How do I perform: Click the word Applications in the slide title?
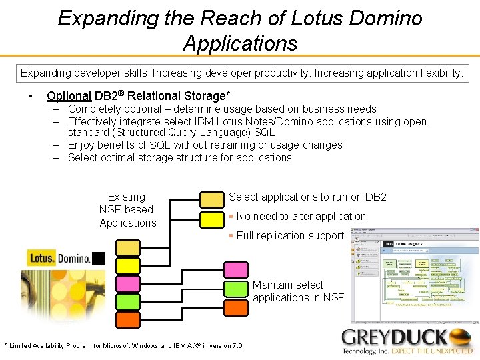click(240, 43)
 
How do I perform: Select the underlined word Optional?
click(69, 95)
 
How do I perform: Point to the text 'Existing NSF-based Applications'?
click(127, 210)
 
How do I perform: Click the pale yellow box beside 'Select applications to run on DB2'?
click(212, 199)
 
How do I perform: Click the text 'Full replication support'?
click(290, 235)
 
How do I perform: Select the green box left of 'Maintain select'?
click(236, 289)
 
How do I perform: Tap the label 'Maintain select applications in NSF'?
click(297, 291)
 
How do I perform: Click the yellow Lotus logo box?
click(41, 258)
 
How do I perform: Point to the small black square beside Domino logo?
click(98, 259)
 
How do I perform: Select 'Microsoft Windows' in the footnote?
click(126, 345)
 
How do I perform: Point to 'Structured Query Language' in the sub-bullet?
click(180, 133)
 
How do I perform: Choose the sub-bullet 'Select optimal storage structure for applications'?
click(179, 158)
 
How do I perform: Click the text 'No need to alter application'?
click(301, 216)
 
